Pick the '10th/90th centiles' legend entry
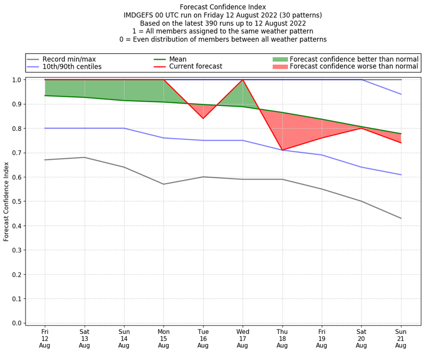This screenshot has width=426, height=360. coord(72,67)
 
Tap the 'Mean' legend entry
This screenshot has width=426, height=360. coord(178,59)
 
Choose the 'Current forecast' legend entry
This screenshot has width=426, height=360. coord(195,67)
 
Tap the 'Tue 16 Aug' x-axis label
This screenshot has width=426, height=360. coord(203,338)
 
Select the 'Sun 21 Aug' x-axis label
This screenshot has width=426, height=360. coord(400,338)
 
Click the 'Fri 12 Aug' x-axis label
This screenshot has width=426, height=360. coord(45,338)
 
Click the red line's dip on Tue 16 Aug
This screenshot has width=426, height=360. coord(203,118)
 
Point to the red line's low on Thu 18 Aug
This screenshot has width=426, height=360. coord(282,150)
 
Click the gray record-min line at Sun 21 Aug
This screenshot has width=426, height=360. coord(400,218)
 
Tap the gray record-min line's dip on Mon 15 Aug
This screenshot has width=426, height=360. coord(163,184)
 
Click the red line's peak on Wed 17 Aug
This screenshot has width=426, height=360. coord(242,80)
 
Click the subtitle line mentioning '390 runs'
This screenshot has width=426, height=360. coord(223,23)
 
